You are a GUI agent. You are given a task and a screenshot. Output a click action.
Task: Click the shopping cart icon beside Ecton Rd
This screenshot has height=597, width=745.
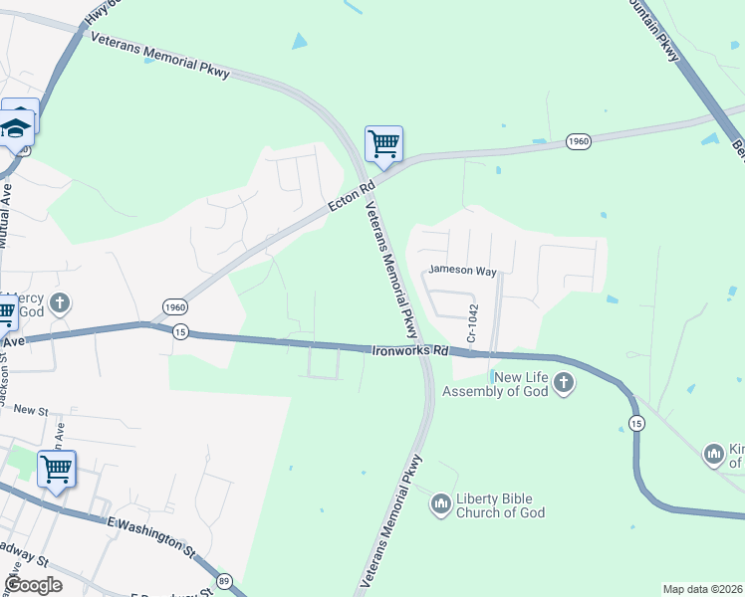click(x=383, y=144)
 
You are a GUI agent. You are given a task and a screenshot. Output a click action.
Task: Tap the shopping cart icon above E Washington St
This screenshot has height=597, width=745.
click(x=57, y=469)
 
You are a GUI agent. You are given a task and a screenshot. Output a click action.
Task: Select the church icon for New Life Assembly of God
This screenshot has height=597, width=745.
click(x=564, y=383)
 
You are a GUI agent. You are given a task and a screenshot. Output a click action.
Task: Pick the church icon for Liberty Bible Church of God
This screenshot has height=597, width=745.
click(x=440, y=505)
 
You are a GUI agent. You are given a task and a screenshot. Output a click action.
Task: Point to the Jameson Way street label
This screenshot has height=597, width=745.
click(x=462, y=270)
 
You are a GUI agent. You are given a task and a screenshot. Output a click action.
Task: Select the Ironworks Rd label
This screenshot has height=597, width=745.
click(x=410, y=350)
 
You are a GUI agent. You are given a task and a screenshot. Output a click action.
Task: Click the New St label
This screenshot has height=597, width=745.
click(x=31, y=410)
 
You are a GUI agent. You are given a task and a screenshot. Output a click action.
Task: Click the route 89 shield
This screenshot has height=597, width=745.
click(x=225, y=580)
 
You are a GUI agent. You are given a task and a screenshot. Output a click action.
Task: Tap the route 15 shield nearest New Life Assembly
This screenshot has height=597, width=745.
click(x=636, y=424)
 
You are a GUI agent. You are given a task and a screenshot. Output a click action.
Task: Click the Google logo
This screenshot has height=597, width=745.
click(x=33, y=585)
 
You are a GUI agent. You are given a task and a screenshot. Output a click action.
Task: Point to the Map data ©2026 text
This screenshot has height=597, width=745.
click(x=703, y=588)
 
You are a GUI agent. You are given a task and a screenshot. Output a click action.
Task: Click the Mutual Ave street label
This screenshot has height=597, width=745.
click(x=7, y=214)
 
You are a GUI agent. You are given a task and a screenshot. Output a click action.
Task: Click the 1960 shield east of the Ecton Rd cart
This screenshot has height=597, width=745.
click(x=579, y=142)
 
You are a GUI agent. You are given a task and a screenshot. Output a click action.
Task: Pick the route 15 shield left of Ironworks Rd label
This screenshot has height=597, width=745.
click(x=179, y=331)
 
